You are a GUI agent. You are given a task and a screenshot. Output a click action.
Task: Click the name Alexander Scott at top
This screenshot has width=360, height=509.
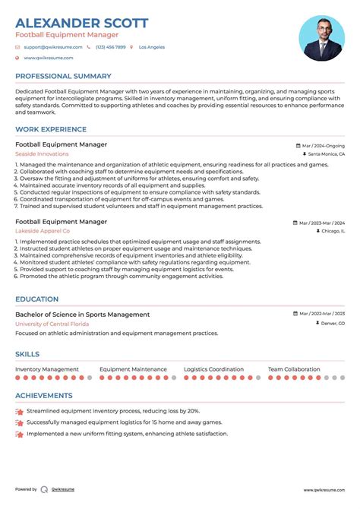pos(81,23)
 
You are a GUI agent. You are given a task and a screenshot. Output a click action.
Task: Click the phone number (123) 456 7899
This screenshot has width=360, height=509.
pos(111,47)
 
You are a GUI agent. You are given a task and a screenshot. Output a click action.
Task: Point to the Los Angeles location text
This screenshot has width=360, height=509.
pos(151,47)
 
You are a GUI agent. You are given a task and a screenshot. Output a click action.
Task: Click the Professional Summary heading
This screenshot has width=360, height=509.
pos(63,76)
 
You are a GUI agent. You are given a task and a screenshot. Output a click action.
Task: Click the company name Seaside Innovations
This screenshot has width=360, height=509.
pos(42,154)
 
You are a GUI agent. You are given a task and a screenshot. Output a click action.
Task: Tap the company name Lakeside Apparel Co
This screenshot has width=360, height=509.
pos(43,231)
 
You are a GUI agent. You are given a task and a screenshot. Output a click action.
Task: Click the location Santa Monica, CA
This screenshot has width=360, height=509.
pos(327,154)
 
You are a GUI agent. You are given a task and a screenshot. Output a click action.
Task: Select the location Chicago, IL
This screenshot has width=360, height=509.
pos(332,231)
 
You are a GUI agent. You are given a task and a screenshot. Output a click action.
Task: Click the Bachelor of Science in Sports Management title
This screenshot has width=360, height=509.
pos(82,315)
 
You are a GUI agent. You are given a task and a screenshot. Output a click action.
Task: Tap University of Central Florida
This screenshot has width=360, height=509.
pos(52,324)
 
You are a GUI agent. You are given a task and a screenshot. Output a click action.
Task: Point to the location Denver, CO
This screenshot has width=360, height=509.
pos(332,324)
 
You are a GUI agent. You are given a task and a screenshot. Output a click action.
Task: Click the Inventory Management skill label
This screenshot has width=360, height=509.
pos(47,369)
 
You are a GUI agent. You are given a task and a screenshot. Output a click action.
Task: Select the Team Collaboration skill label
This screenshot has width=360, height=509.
pos(294,369)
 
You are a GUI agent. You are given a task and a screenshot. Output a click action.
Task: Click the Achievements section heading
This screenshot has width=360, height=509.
pos(44,396)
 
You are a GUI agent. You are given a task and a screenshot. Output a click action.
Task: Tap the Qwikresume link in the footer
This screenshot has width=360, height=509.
pos(63,490)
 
